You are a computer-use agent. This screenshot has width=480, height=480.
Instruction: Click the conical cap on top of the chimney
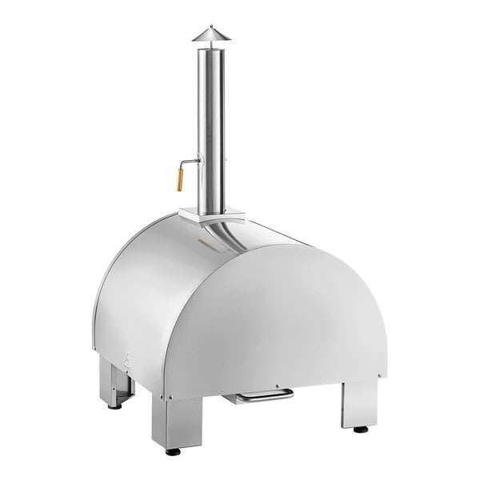pyautogui.click(x=210, y=34)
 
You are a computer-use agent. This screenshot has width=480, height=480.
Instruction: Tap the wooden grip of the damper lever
pyautogui.click(x=180, y=179)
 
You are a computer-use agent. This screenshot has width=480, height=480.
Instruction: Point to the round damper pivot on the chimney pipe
pyautogui.click(x=199, y=162)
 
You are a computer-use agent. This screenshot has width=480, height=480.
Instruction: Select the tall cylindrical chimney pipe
pyautogui.click(x=211, y=128)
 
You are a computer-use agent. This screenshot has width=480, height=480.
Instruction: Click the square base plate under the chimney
pyautogui.click(x=211, y=214)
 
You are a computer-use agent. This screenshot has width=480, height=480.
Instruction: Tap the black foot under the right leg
pyautogui.click(x=361, y=430)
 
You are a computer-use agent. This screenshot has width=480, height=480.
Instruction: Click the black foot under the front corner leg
pyautogui.click(x=173, y=452)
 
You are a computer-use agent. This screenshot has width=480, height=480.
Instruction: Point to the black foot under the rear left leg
pyautogui.click(x=115, y=406)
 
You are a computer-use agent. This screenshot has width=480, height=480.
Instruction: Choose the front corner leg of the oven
pyautogui.click(x=178, y=421)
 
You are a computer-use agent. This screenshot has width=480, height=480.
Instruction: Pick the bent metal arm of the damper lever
pyautogui.click(x=190, y=162)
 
